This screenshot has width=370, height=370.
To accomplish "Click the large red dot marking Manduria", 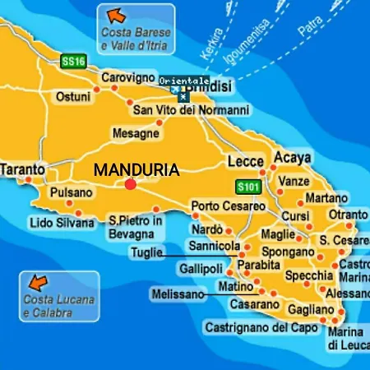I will tap(130, 184).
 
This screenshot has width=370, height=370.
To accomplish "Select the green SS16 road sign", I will tap(73, 61).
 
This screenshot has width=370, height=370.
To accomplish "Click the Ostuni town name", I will tap(72, 96).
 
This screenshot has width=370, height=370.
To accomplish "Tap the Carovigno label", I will tap(127, 78).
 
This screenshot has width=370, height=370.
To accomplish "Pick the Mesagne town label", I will tap(135, 132).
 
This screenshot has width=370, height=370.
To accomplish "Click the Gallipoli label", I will tap(201, 270).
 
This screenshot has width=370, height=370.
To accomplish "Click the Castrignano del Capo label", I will tap(261, 327).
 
